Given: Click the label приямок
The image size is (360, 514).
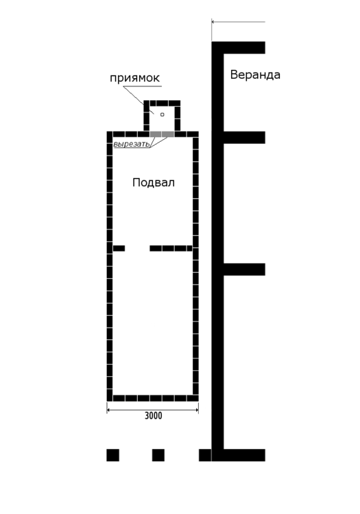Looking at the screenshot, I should tap(134, 78).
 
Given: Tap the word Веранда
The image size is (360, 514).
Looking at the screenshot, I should tap(255, 75).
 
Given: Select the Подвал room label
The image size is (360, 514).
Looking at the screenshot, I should tap(153, 182).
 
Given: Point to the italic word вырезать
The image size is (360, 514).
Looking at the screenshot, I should tap(132, 145).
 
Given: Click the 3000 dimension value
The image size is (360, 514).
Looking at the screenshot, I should tap(153, 415).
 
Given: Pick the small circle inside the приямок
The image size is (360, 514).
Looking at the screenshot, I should tap(163, 114).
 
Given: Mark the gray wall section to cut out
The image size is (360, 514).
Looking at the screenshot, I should tap(163, 134).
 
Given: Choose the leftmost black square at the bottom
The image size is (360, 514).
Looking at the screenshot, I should tap(112, 455).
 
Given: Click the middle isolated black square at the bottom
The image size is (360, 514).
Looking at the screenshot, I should tap(158, 455).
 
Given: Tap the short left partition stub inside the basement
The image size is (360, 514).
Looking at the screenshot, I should tap(119, 248).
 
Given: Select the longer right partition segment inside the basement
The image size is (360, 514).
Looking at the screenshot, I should tap(171, 248).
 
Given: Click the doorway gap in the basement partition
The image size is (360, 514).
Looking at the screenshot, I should tap(137, 248).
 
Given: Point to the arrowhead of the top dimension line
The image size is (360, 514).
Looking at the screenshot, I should tap(213, 22).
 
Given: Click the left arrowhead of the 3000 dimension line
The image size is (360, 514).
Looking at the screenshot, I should tap(109, 411).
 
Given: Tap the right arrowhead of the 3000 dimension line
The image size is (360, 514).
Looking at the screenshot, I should tap(197, 411).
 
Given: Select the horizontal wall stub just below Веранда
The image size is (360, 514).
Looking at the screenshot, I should tap(244, 137).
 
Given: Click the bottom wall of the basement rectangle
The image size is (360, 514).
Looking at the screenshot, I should tap(153, 397).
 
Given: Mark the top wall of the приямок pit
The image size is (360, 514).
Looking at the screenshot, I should tap(163, 103).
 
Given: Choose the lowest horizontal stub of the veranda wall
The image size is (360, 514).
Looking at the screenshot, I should tap(244, 455).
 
